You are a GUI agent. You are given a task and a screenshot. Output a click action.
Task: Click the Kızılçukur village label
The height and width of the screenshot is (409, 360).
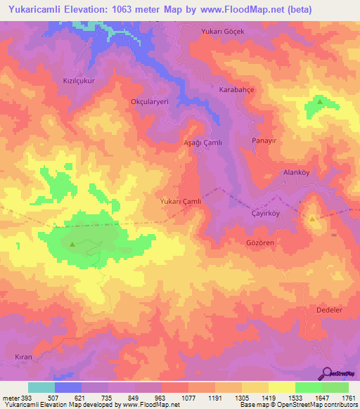79,80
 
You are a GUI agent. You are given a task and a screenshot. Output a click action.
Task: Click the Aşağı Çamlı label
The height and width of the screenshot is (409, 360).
202,143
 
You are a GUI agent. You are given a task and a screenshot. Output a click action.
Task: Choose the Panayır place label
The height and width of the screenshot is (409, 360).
265,141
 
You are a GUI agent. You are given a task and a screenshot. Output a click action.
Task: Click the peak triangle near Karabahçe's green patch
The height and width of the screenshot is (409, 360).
320,102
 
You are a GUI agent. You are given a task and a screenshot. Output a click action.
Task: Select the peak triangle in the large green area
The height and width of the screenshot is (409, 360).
73,245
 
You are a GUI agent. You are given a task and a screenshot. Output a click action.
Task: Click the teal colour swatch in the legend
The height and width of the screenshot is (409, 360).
41,388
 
